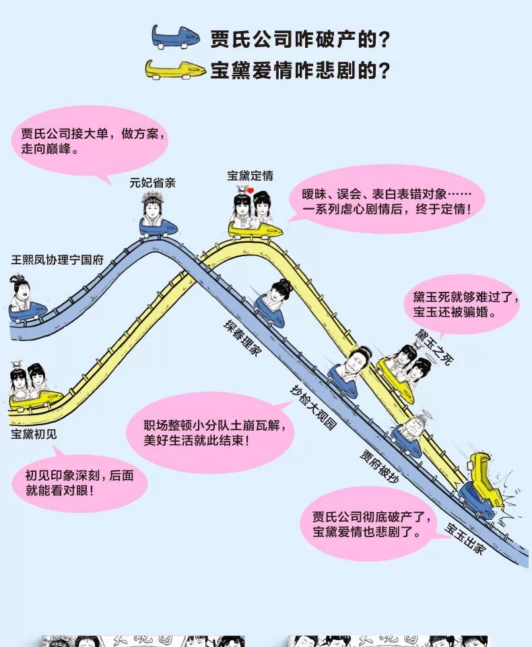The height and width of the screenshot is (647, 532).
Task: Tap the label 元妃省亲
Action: click(153, 182)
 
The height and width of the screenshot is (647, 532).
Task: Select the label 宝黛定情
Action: click(251, 176)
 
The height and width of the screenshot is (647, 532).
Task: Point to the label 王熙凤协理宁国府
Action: click(58, 259)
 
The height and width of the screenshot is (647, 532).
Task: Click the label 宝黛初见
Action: click(34, 433)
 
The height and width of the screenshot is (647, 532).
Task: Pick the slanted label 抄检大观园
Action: click(312, 408)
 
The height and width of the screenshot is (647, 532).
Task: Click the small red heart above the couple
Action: click(249, 191)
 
